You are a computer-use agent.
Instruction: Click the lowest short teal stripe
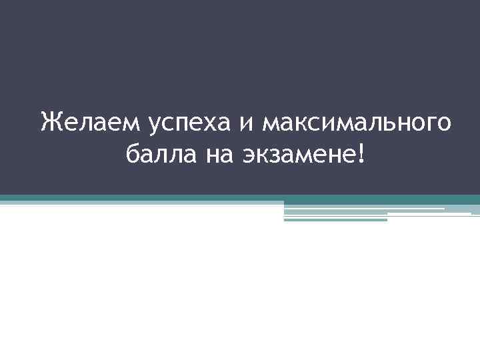[335, 219]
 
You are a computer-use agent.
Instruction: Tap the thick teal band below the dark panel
[240, 199]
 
